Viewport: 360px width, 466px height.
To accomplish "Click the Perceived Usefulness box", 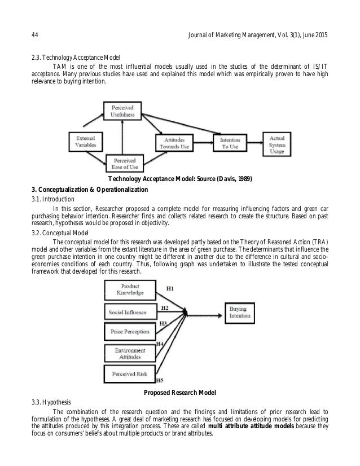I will point(122,111).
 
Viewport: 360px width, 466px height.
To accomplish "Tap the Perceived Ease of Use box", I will point(124,163).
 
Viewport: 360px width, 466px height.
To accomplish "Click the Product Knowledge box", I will point(130,289).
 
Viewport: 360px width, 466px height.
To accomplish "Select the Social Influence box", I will point(130,312).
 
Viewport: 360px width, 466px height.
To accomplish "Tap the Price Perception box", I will point(130,331).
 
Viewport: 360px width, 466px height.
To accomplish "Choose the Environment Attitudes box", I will point(130,353).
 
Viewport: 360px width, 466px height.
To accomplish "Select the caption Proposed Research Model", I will point(180,392).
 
